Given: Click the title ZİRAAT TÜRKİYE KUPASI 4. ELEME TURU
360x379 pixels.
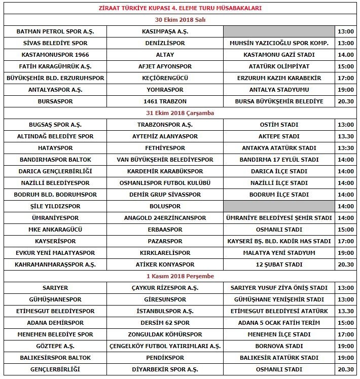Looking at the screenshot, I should (x=180, y=9).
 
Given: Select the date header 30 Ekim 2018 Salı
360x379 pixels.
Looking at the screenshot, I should (x=180, y=20).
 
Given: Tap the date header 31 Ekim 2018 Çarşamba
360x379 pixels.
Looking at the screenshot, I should (x=180, y=113).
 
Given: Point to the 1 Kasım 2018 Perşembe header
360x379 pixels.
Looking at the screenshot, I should (x=180, y=276).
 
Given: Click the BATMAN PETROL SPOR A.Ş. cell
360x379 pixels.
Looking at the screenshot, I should (x=62, y=31).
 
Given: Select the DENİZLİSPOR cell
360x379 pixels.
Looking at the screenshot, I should (x=164, y=43).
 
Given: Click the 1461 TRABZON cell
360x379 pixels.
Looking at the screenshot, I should (x=164, y=101).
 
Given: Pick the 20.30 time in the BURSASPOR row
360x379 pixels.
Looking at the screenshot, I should (x=347, y=101).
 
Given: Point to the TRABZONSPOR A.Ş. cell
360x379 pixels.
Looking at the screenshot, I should (x=164, y=125).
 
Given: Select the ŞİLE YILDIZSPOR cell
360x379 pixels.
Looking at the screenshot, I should (x=62, y=206).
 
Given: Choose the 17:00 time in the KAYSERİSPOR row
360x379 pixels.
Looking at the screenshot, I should (x=347, y=241).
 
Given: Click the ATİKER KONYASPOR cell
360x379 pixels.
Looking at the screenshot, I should (x=164, y=264).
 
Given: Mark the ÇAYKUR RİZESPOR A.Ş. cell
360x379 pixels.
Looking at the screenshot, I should (x=164, y=288).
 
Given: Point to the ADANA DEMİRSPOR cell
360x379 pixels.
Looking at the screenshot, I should (x=62, y=323).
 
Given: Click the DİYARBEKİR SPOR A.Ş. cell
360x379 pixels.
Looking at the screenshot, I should (x=164, y=369).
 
